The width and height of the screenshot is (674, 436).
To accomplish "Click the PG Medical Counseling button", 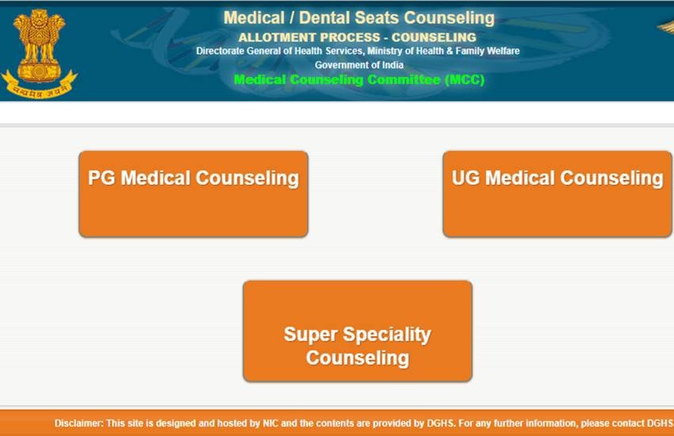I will [193, 193].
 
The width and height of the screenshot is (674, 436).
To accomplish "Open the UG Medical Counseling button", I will [557, 193].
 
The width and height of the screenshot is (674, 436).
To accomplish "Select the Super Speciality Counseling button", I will [357, 331].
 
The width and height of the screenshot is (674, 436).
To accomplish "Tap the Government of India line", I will [358, 65].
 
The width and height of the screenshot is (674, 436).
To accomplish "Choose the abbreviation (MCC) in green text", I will [464, 80].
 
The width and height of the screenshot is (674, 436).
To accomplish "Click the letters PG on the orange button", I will [101, 178].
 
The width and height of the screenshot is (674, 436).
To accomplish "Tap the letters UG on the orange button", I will [465, 178].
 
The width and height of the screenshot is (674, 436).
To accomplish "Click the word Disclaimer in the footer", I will [79, 423].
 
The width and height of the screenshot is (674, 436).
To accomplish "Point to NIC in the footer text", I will [274, 423].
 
